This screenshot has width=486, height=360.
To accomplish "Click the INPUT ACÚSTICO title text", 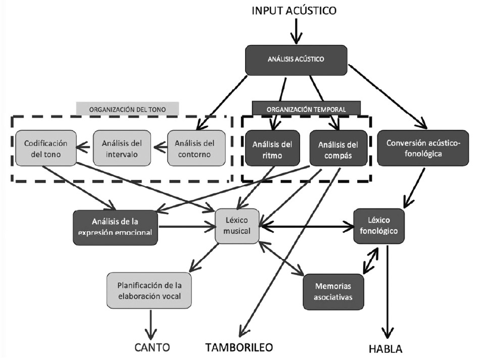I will (x=294, y=10).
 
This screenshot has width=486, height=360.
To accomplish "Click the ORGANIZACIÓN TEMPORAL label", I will (x=306, y=108).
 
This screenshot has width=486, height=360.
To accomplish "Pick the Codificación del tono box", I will (x=45, y=147).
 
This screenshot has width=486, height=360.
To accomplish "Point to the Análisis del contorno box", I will (x=191, y=147).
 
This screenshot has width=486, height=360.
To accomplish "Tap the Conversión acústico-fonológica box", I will (x=423, y=147).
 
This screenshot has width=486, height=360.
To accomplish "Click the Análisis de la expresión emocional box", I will (x=116, y=227).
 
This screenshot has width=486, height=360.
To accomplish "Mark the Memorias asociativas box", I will (x=333, y=291).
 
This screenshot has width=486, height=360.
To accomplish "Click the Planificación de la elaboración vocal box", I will (x=149, y=290).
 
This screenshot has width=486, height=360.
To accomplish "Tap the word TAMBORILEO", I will (x=239, y=347).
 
